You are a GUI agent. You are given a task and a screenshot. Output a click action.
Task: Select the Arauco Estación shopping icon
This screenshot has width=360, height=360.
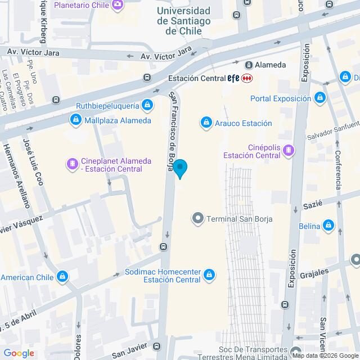[206, 123]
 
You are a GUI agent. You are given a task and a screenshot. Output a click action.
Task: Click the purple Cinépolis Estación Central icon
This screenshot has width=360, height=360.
[289, 150]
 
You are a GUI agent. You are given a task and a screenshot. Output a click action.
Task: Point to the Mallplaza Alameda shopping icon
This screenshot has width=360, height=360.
[75, 120]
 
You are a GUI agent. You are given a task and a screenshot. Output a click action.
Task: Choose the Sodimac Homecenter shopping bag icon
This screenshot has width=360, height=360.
[209, 274]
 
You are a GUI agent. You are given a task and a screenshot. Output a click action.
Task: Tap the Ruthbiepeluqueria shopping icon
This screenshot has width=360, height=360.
[147, 104]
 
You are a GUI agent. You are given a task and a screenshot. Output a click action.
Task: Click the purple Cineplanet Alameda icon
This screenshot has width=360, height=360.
[73, 164]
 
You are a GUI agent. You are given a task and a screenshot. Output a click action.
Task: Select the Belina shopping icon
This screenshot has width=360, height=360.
[329, 226]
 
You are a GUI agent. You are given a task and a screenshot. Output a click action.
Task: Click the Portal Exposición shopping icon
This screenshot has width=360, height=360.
[320, 98]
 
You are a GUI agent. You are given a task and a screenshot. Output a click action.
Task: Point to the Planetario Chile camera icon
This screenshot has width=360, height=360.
[118, 6]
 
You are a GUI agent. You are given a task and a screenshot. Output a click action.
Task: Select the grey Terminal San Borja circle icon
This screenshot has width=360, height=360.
[197, 218]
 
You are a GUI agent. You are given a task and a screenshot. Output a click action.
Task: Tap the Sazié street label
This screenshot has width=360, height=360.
[312, 205]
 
